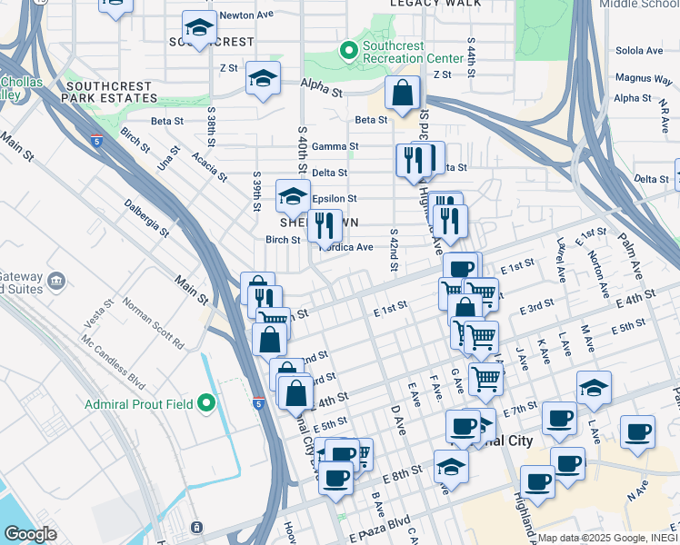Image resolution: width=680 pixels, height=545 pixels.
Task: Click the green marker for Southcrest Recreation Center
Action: [347, 50]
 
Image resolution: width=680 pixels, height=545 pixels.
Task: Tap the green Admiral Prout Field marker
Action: [206, 402]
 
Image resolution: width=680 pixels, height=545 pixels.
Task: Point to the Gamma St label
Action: [335, 146]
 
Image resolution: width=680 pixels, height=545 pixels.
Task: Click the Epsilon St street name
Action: [335, 198]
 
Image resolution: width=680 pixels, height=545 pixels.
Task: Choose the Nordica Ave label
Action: [346, 247]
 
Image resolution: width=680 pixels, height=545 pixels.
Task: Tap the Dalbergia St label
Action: [147, 218]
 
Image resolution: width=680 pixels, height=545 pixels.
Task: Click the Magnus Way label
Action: [643, 78]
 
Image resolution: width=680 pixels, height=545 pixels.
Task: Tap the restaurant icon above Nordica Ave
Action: [325, 224]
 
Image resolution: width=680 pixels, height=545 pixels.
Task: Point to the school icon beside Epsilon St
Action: [293, 195]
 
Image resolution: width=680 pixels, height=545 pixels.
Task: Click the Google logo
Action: [31, 534]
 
